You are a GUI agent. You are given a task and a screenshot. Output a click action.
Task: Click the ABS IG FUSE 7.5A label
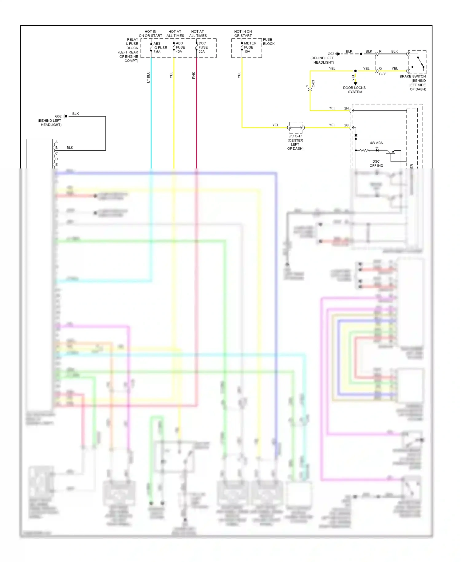click(x=160, y=48)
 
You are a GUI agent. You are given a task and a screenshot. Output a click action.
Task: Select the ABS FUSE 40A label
click(x=180, y=47)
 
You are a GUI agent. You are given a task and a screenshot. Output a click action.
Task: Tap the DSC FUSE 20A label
click(x=203, y=47)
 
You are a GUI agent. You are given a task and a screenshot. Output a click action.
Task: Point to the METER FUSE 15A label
click(x=250, y=47)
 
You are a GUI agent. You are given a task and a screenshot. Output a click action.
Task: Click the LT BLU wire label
click(x=148, y=77)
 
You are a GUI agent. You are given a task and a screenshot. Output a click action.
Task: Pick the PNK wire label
click(x=194, y=75)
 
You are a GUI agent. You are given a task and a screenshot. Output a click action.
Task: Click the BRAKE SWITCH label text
click(x=412, y=76)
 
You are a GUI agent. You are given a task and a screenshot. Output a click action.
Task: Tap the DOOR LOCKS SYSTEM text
click(x=354, y=90)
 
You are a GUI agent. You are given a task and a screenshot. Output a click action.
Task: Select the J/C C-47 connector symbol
click(x=296, y=128)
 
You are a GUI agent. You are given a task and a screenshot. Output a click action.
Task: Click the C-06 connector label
click(x=382, y=74)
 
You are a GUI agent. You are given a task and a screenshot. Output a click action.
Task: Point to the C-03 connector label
click(x=313, y=84)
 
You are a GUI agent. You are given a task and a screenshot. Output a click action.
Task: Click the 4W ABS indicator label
click(x=376, y=143)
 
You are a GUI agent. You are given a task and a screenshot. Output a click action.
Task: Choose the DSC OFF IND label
click(x=376, y=164)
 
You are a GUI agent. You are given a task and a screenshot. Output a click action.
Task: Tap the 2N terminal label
click(x=346, y=108)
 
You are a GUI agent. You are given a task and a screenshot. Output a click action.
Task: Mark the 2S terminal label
click(x=346, y=125)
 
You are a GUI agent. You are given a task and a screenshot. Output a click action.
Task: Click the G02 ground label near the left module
click(x=58, y=116)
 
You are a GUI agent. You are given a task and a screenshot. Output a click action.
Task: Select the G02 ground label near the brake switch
click(x=331, y=54)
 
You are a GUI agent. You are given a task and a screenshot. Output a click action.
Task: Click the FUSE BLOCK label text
click(x=268, y=42)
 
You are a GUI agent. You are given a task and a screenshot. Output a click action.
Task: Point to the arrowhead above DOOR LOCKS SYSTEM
click(x=356, y=84)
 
